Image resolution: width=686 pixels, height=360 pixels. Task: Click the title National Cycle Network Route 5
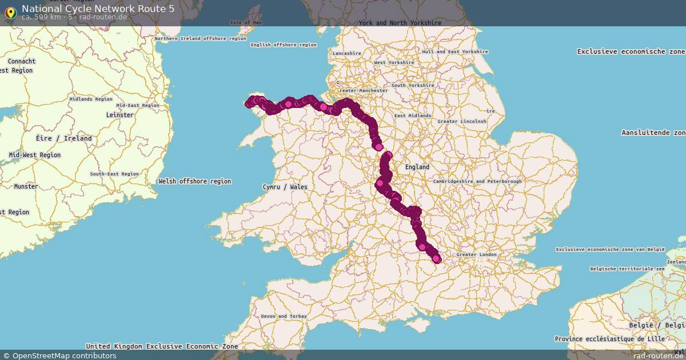click(98, 9)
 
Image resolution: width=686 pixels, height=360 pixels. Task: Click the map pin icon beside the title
click(10, 12)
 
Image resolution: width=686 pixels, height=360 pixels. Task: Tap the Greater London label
click(477, 254)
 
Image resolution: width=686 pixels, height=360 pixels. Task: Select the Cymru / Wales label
click(285, 187)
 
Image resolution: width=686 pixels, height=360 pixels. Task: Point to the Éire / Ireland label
click(63, 138)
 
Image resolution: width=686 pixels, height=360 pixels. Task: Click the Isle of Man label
click(245, 23)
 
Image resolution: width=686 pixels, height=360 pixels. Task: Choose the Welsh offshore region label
click(195, 181)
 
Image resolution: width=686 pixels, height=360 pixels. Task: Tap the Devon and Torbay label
click(284, 316)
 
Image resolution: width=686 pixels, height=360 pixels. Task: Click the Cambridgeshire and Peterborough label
click(477, 181)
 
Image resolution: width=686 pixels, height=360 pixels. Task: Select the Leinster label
click(119, 115)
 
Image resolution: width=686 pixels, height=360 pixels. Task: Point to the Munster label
click(26, 186)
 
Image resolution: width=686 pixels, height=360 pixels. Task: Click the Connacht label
click(22, 61)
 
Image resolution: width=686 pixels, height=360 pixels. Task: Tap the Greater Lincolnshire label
click(462, 121)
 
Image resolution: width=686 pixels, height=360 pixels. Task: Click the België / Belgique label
click(655, 325)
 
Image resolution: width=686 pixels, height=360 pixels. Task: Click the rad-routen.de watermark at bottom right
click(657, 355)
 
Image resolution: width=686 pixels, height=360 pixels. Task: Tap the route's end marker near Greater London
click(437, 259)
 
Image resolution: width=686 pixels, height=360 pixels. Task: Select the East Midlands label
click(413, 115)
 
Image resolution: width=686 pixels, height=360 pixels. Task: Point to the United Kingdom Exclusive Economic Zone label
click(162, 346)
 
